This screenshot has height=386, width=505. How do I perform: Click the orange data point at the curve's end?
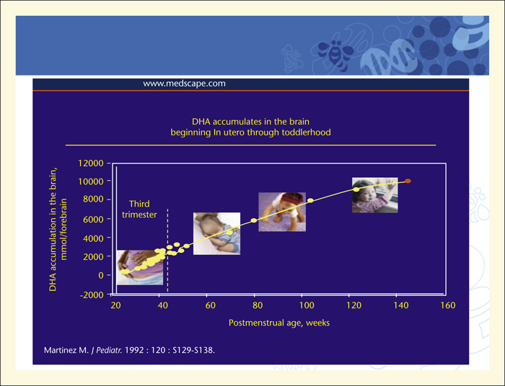click(408, 181)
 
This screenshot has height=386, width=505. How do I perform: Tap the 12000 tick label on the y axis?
click(90, 163)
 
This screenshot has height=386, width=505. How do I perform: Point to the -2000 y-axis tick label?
click(92, 295)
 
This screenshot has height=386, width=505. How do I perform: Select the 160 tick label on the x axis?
click(448, 305)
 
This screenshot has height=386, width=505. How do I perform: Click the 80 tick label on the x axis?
click(258, 305)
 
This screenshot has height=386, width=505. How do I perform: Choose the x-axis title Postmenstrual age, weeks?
click(279, 323)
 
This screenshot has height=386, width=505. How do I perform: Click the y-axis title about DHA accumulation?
click(58, 229)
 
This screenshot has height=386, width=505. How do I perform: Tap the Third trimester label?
click(139, 210)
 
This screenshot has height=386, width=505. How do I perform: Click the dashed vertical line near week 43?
click(167, 251)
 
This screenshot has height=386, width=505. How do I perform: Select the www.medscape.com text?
click(184, 84)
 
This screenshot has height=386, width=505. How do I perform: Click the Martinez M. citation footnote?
click(129, 350)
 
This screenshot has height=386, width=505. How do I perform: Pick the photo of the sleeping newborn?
click(216, 233)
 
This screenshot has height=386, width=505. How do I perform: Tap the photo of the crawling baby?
click(282, 212)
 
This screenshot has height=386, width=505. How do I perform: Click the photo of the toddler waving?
click(375, 195)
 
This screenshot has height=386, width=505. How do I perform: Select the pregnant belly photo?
click(140, 267)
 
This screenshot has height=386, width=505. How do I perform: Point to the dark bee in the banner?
click(335, 52)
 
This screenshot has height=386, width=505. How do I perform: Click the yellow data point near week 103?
click(310, 200)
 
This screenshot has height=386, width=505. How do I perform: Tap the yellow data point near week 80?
click(254, 220)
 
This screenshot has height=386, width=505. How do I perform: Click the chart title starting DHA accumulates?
click(250, 127)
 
